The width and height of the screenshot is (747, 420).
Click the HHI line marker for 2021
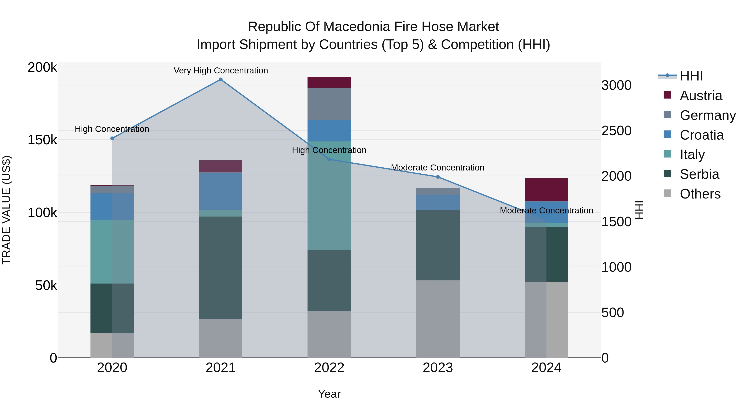(x=221, y=79)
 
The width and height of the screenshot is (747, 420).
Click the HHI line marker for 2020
(x=112, y=138)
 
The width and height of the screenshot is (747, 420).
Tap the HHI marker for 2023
(x=438, y=177)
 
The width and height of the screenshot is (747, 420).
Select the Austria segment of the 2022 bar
(x=329, y=82)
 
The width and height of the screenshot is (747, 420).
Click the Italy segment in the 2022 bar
(x=329, y=196)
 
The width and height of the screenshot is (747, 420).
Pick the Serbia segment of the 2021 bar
(x=221, y=268)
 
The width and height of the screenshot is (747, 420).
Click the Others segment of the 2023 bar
(x=438, y=319)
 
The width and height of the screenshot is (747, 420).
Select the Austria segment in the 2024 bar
(x=546, y=190)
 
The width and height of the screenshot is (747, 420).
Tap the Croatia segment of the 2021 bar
(x=221, y=191)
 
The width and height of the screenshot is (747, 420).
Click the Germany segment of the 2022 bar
(x=329, y=104)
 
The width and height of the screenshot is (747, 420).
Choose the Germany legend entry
(x=707, y=115)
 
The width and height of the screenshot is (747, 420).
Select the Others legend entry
(x=700, y=194)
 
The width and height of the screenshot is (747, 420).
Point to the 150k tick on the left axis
(x=42, y=140)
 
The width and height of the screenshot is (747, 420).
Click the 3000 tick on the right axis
(x=616, y=85)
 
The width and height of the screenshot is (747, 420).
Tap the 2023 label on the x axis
(x=438, y=368)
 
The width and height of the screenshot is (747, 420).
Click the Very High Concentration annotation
(x=221, y=71)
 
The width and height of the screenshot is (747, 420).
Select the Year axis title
(x=329, y=394)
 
